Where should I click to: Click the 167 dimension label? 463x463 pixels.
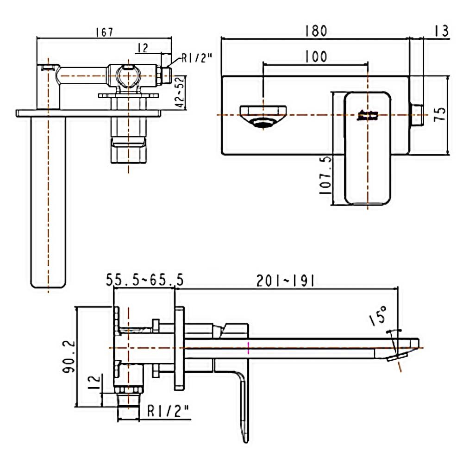click(104, 32)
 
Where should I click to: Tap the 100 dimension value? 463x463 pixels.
click(315, 56)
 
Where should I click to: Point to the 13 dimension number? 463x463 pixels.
click(441, 31)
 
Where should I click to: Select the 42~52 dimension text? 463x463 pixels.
click(180, 92)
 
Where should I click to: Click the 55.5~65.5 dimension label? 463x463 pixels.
click(144, 281)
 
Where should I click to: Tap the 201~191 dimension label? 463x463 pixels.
click(286, 281)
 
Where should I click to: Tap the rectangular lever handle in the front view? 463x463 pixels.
click(368, 148)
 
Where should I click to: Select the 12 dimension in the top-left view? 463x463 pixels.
click(143, 47)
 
